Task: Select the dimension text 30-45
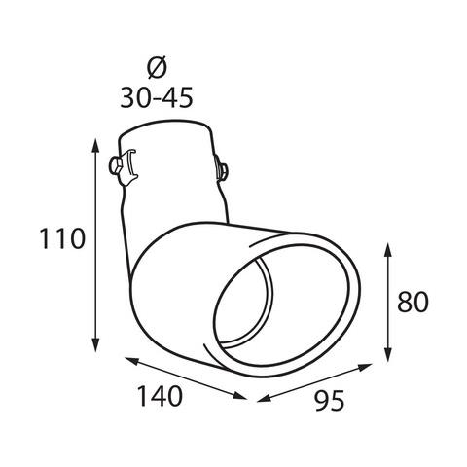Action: tap(157, 97)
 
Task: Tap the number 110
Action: tap(62, 238)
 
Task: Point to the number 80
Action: tap(413, 302)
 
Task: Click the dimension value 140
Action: tap(160, 396)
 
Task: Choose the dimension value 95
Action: tap(329, 401)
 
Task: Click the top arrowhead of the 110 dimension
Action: tap(95, 145)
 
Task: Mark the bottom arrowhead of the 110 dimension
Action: tap(95, 344)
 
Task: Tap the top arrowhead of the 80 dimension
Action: tap(387, 250)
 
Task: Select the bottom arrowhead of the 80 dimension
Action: tap(387, 354)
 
